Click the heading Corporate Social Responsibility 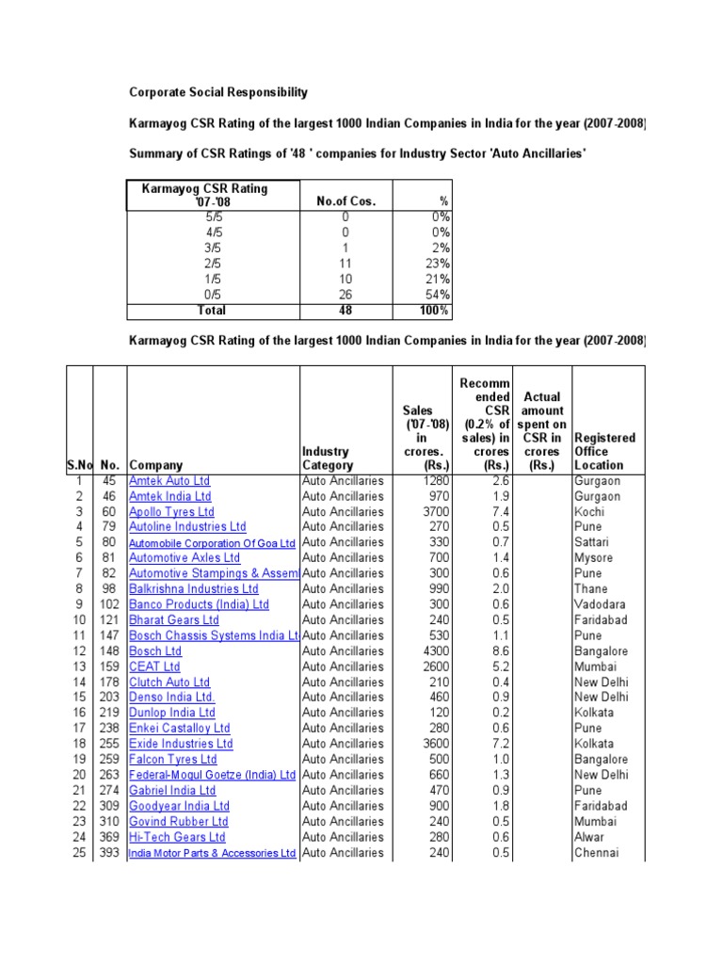pyautogui.click(x=217, y=92)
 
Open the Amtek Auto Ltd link pyautogui.click(x=169, y=480)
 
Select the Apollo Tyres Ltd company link pyautogui.click(x=171, y=511)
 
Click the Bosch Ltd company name pyautogui.click(x=155, y=651)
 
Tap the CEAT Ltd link pyautogui.click(x=154, y=667)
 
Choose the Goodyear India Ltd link pyautogui.click(x=179, y=806)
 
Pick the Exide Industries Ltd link pyautogui.click(x=181, y=744)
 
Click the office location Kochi pyautogui.click(x=589, y=511)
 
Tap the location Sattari pyautogui.click(x=592, y=542)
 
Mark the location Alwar pyautogui.click(x=589, y=837)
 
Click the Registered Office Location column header pyautogui.click(x=604, y=451)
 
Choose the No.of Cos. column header pyautogui.click(x=345, y=201)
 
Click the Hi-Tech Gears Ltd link pyautogui.click(x=177, y=837)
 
